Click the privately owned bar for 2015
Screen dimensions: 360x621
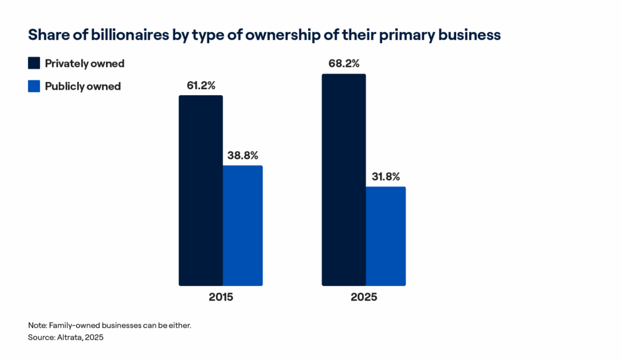coord(200,190)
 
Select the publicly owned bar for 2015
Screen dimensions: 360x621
coord(243,225)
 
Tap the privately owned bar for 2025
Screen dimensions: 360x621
coord(343,179)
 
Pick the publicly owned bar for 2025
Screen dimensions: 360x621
coord(386,236)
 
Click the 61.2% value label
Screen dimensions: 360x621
coord(200,85)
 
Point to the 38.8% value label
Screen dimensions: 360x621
coord(243,155)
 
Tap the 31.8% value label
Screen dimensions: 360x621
coord(386,177)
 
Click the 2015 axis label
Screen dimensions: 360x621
coord(220,298)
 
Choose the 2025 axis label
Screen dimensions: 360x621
coord(364,298)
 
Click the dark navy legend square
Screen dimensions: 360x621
coord(34,64)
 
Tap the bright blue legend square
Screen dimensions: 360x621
coord(34,86)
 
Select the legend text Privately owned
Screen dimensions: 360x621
coord(84,64)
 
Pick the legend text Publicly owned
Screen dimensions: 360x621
coord(82,86)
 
